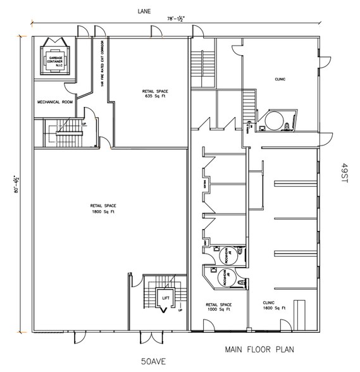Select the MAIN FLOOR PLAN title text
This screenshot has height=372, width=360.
coord(259,349)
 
